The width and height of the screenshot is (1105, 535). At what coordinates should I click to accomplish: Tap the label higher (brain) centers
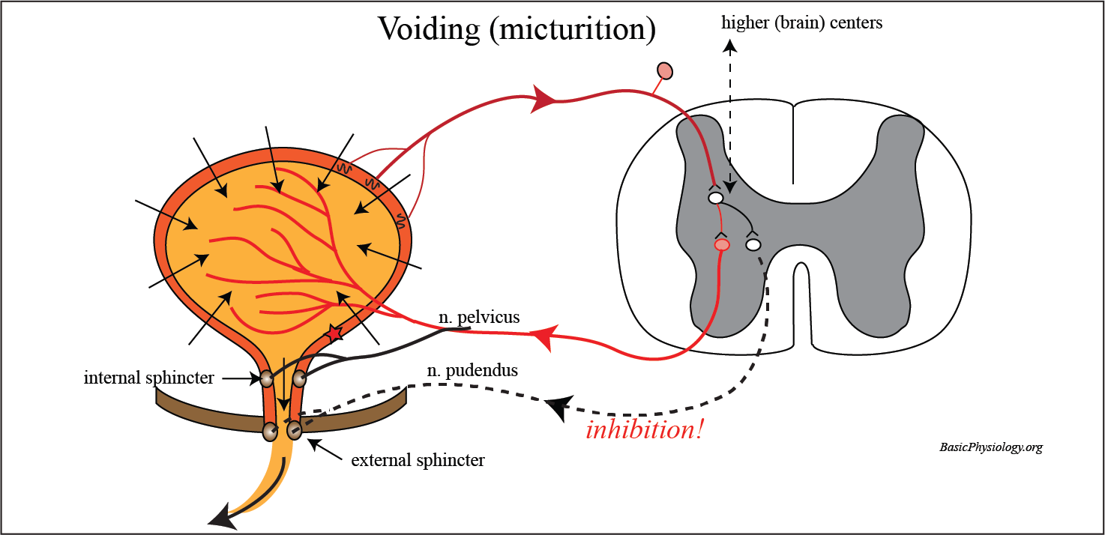click(801, 22)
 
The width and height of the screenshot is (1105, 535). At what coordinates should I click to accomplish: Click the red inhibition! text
click(645, 431)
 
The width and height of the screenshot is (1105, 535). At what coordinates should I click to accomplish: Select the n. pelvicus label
click(479, 318)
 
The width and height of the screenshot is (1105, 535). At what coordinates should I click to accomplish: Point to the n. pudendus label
click(478, 370)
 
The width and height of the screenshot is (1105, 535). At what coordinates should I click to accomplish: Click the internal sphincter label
click(148, 378)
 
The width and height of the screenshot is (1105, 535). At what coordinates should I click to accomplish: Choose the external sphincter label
click(418, 460)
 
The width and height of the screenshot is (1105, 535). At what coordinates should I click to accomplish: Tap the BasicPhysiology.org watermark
click(990, 447)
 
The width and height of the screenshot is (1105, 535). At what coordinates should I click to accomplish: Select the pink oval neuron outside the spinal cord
click(664, 71)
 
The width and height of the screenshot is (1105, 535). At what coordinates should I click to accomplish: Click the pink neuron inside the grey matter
click(721, 244)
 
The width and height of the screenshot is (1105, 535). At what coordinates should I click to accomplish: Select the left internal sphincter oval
click(266, 379)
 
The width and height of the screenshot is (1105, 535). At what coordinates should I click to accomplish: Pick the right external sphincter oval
click(293, 430)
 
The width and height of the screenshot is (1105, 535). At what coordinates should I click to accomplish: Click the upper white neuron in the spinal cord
click(716, 198)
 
